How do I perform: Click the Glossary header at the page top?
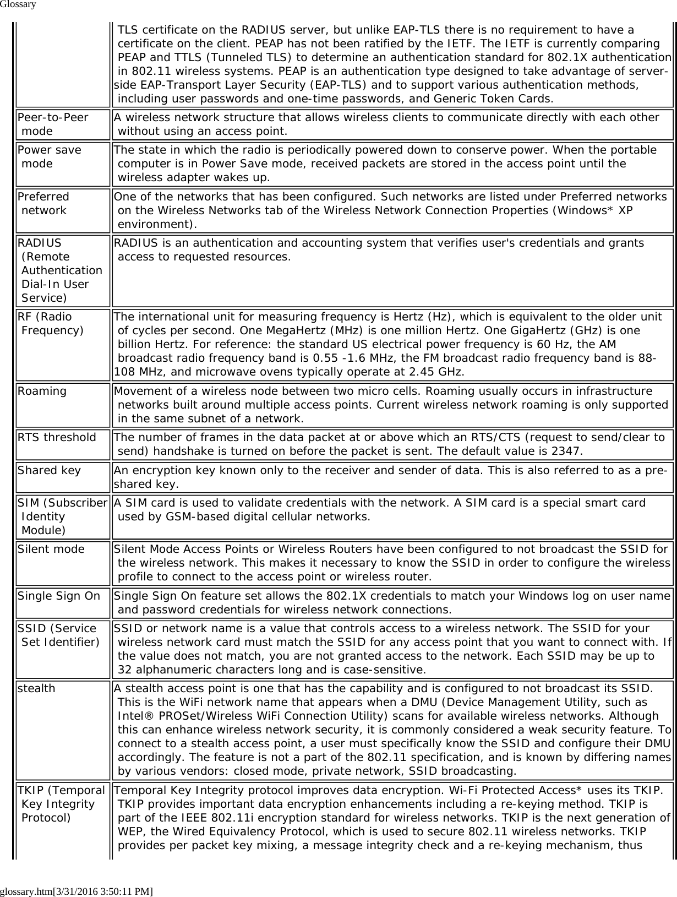coord(18,5)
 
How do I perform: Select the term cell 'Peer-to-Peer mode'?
coord(53,124)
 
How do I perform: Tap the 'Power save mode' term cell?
coord(49,156)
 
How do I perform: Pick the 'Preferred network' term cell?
coord(43,203)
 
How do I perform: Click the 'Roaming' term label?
coord(42,391)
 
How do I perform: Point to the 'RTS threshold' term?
coord(57,437)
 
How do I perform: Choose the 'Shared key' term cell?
coord(49,470)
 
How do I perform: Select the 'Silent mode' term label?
coord(51,549)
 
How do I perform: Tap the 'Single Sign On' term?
coord(59,596)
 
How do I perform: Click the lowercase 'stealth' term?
coord(36,688)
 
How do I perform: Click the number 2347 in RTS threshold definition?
coord(568,452)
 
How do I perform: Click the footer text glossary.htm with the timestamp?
coord(77,890)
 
